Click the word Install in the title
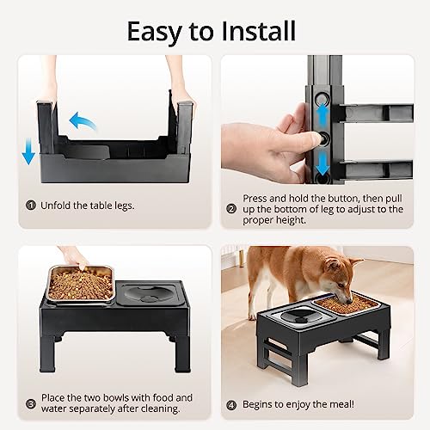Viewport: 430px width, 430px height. click(x=259, y=31)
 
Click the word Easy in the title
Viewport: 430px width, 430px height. click(x=154, y=32)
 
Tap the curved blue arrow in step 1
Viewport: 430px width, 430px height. click(x=83, y=121)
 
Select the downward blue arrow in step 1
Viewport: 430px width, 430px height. click(x=28, y=150)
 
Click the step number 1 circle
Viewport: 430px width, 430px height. click(x=31, y=206)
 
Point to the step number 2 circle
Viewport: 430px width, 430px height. click(x=231, y=209)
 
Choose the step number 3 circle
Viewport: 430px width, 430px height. click(x=31, y=404)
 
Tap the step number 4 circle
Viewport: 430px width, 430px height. click(x=231, y=405)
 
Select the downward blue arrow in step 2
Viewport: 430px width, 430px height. click(x=323, y=163)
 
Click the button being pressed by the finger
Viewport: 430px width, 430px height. click(x=324, y=139)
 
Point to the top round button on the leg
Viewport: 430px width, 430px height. click(x=322, y=100)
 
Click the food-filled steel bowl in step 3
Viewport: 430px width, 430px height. click(x=81, y=284)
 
